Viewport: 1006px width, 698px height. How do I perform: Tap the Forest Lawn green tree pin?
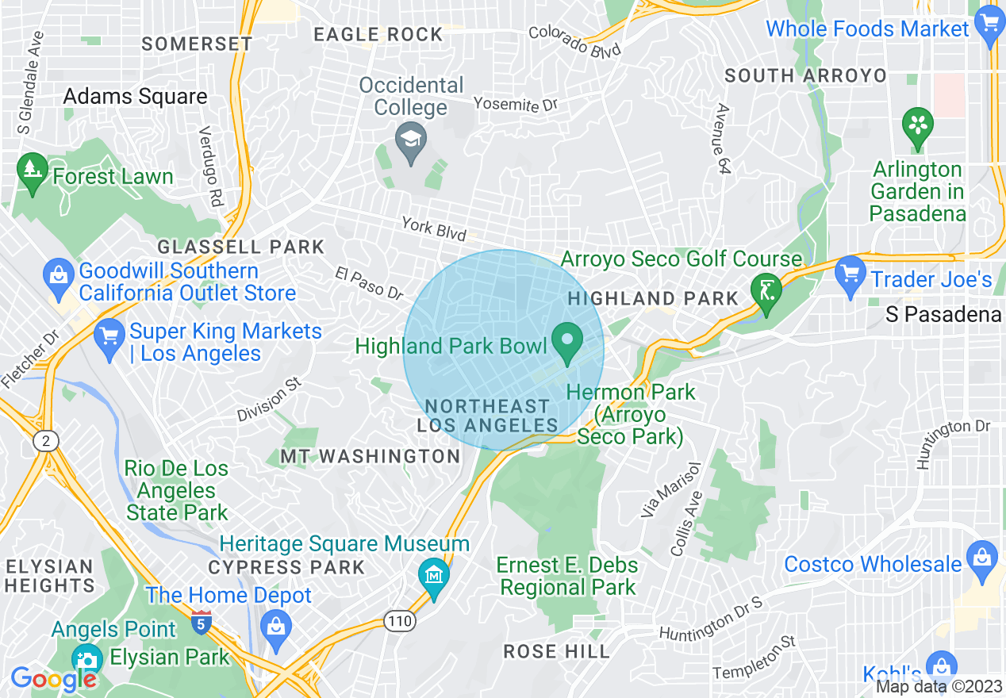[x=33, y=171]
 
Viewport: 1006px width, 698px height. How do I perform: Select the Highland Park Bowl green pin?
[x=567, y=343]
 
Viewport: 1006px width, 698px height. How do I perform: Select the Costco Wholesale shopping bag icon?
[x=982, y=555]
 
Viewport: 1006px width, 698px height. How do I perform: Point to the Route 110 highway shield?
[x=400, y=621]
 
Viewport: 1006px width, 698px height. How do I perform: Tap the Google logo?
[x=52, y=678]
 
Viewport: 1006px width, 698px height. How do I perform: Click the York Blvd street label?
[x=433, y=228]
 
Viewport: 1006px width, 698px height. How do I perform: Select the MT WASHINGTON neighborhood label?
[x=370, y=456]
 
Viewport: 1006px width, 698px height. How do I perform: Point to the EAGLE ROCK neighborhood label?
[x=378, y=34]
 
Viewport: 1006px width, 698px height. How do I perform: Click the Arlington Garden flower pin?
[x=918, y=126]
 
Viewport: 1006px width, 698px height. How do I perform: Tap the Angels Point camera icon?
[x=86, y=658]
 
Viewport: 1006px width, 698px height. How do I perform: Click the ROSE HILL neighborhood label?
[x=557, y=651]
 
